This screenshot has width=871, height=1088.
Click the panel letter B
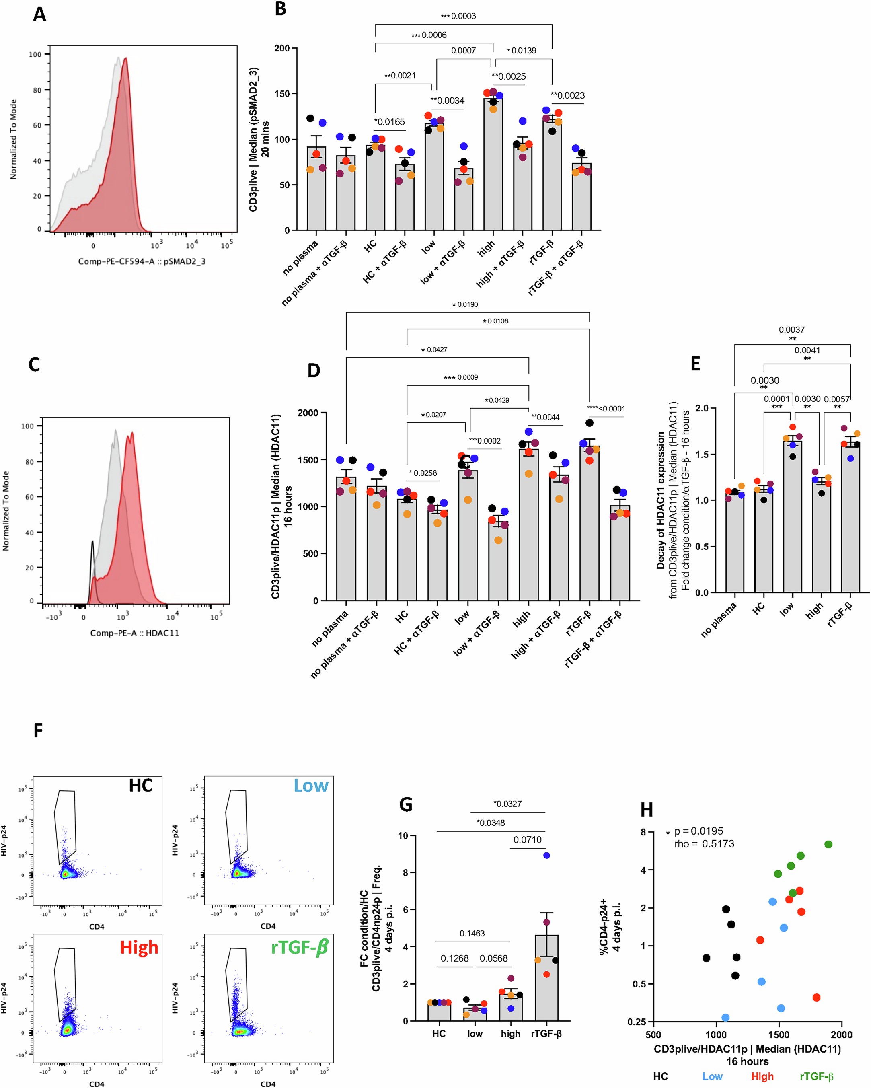tap(281, 9)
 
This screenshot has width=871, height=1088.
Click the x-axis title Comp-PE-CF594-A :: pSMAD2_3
tap(142, 261)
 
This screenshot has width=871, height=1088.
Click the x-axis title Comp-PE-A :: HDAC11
tap(134, 633)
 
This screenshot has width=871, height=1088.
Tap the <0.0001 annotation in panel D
tap(611, 409)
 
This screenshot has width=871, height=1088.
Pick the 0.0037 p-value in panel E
tap(791, 329)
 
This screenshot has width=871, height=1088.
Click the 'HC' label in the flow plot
tap(140, 786)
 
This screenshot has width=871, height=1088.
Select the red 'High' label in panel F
tap(139, 947)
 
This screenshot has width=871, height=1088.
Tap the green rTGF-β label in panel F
tap(300, 947)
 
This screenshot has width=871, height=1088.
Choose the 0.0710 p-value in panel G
tap(527, 840)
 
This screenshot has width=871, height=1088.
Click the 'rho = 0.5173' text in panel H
tap(704, 844)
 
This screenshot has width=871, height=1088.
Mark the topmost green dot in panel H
tap(828, 844)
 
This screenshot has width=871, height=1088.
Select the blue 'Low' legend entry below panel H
tap(712, 1076)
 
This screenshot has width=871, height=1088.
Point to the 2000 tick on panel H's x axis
tap(842, 1035)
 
